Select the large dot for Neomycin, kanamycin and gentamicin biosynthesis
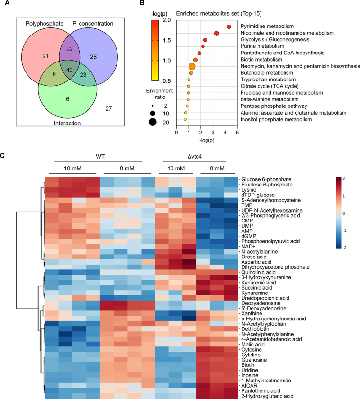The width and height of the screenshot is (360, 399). point(192,66)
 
